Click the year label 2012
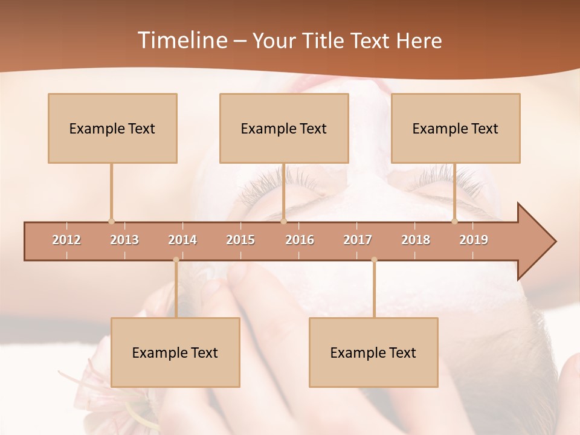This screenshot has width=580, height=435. [x=66, y=240]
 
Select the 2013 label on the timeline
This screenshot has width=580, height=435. [x=124, y=240]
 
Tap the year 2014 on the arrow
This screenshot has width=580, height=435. [x=182, y=240]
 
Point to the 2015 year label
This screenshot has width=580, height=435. [x=240, y=240]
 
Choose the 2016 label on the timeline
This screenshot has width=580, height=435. [x=300, y=240]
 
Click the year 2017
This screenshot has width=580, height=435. [x=358, y=240]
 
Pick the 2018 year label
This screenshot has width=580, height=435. [x=416, y=240]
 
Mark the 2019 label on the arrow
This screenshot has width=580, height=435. [x=474, y=240]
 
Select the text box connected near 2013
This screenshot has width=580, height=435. [x=112, y=128]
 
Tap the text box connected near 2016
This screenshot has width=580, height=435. [x=284, y=128]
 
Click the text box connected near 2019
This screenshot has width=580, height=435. [x=456, y=128]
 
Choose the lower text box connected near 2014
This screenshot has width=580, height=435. [x=175, y=352]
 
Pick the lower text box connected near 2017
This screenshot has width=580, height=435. [x=373, y=352]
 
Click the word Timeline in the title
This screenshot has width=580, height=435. [x=181, y=40]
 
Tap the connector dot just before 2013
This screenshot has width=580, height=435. [x=111, y=221]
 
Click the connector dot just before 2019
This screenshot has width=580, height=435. [x=454, y=221]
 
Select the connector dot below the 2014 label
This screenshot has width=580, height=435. [x=176, y=260]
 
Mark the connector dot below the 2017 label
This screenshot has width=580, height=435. [x=374, y=260]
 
